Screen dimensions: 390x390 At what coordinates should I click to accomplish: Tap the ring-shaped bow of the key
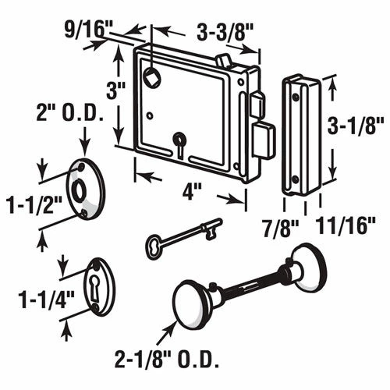154,247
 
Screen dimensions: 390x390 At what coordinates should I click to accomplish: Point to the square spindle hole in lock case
152,76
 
